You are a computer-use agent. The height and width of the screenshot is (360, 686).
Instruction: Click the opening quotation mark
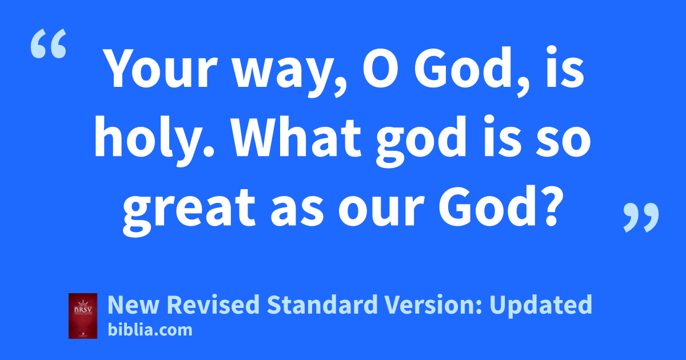point(49,43)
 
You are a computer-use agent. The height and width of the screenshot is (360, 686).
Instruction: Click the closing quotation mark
point(641,217)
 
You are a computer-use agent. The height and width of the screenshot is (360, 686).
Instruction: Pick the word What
point(297,137)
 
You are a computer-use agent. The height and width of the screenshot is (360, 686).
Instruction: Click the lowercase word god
point(421,140)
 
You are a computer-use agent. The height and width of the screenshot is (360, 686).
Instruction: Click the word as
point(297,211)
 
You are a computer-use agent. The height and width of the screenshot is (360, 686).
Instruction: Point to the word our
point(381,211)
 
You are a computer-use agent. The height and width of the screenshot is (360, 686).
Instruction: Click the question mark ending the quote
point(547,206)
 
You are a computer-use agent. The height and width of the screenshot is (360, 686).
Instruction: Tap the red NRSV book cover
point(83,316)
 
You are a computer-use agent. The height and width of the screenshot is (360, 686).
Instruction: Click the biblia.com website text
point(150,330)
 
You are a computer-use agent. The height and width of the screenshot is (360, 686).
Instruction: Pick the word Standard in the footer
point(322,304)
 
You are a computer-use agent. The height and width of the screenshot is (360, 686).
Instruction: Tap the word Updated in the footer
point(541,305)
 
